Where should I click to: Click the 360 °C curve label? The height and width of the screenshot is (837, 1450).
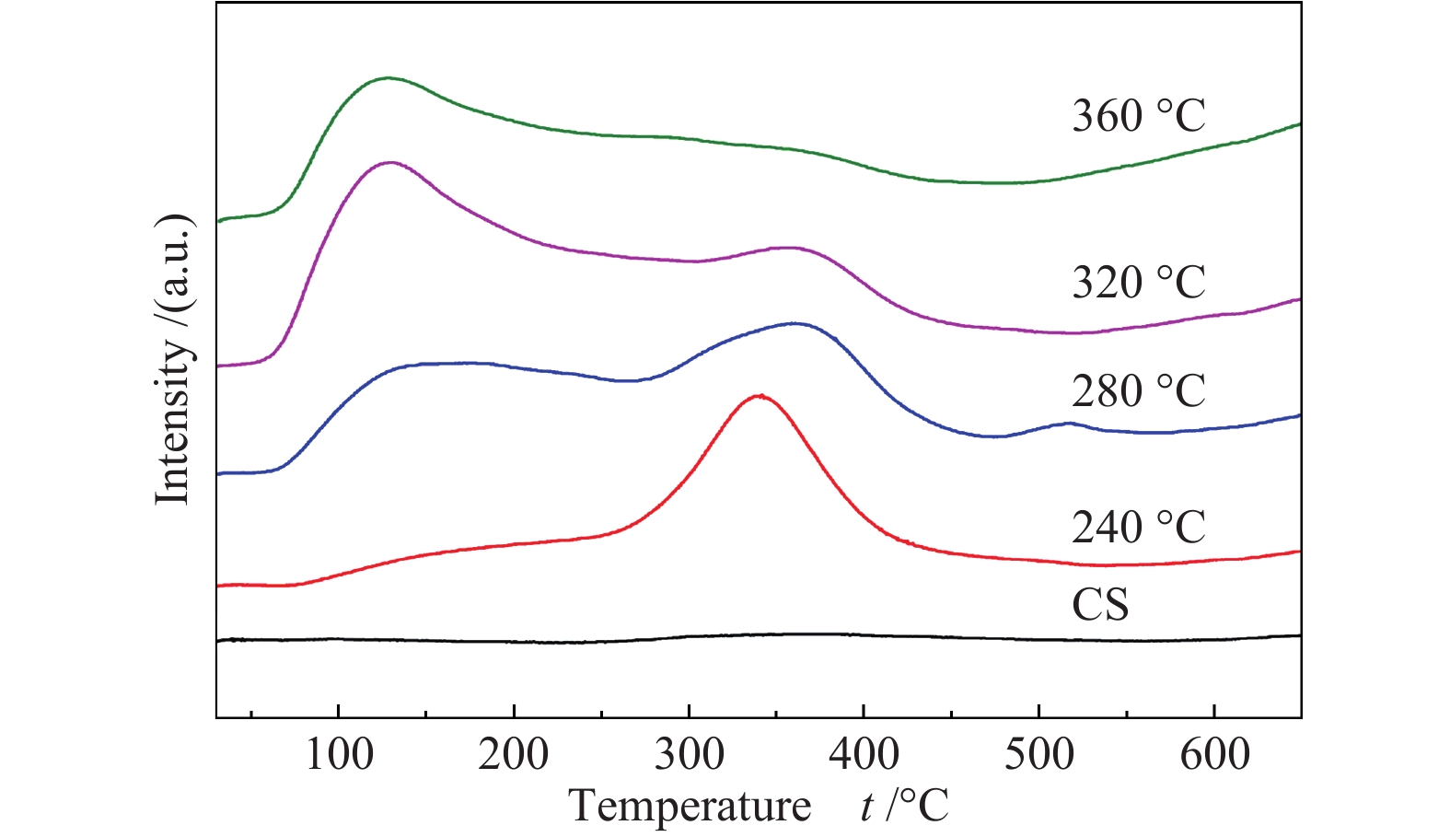(x=1138, y=116)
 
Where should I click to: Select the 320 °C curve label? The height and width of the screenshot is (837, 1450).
(x=1138, y=282)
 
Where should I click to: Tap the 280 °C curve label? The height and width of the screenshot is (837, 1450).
(x=1138, y=390)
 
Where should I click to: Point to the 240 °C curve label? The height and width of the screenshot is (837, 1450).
(x=1138, y=528)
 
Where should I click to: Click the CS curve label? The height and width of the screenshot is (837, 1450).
(x=1100, y=605)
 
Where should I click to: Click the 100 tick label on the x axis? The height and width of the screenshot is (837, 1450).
(x=339, y=755)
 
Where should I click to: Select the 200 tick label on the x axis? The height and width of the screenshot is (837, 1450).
(x=514, y=755)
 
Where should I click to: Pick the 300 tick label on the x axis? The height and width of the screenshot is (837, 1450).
(x=689, y=755)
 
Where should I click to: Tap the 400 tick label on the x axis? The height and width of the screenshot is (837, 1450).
(x=864, y=755)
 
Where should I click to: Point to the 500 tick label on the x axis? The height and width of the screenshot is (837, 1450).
(x=1038, y=755)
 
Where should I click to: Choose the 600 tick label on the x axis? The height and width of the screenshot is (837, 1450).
(x=1213, y=755)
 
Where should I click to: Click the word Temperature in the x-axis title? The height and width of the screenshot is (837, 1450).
(x=690, y=807)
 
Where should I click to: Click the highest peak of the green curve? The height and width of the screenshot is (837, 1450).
(x=389, y=78)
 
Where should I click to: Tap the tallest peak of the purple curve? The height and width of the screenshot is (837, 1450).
(x=391, y=162)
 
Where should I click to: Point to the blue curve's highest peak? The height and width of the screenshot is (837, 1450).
(x=794, y=323)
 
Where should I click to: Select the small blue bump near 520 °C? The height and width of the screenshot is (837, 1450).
(x=1068, y=424)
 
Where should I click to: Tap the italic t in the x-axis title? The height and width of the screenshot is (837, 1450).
(x=867, y=808)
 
